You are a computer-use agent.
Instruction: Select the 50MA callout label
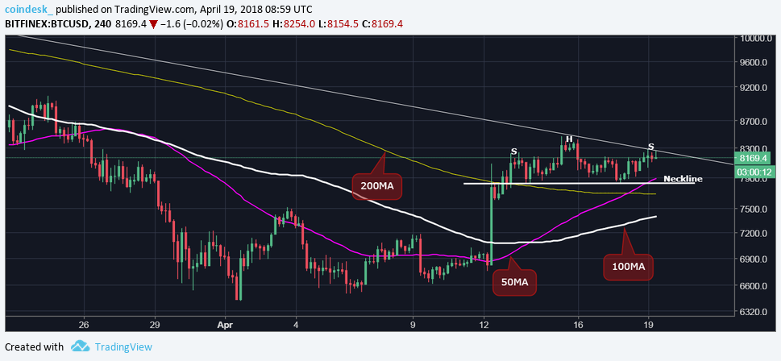513,282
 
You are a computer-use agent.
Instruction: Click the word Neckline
682,178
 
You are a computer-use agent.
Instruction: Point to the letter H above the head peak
569,139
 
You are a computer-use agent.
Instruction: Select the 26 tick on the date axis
83,325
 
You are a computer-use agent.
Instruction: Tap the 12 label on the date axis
484,325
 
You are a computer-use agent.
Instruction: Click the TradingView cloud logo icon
79,346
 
